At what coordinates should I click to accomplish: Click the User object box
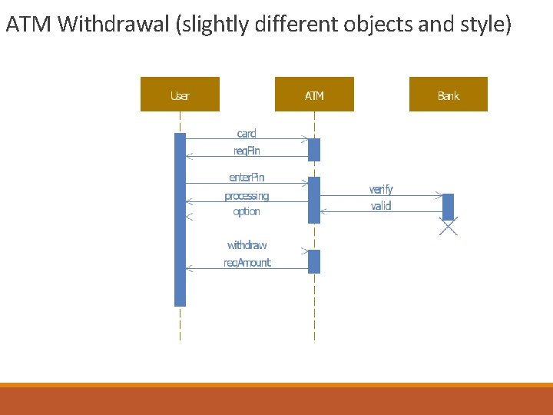tap(180, 95)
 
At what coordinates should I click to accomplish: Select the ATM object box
tap(314, 95)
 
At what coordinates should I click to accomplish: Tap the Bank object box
tap(449, 95)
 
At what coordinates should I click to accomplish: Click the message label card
tap(247, 134)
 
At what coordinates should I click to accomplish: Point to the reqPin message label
tap(247, 151)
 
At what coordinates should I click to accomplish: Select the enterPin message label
tap(247, 178)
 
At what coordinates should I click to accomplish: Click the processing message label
tap(247, 196)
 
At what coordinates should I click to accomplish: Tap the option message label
tap(247, 211)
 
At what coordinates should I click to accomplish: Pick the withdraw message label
tap(247, 245)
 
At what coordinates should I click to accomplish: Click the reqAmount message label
tap(247, 263)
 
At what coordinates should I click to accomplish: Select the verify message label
tap(381, 189)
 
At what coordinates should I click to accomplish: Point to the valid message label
tap(381, 206)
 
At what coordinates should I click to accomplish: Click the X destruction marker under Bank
tap(449, 226)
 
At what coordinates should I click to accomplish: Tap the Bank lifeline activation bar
tap(449, 206)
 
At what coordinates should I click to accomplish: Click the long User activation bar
tap(180, 220)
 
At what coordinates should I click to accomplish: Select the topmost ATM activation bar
tap(314, 149)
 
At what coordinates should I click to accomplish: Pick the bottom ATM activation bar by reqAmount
tap(314, 261)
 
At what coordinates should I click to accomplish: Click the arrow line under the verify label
tap(381, 196)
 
